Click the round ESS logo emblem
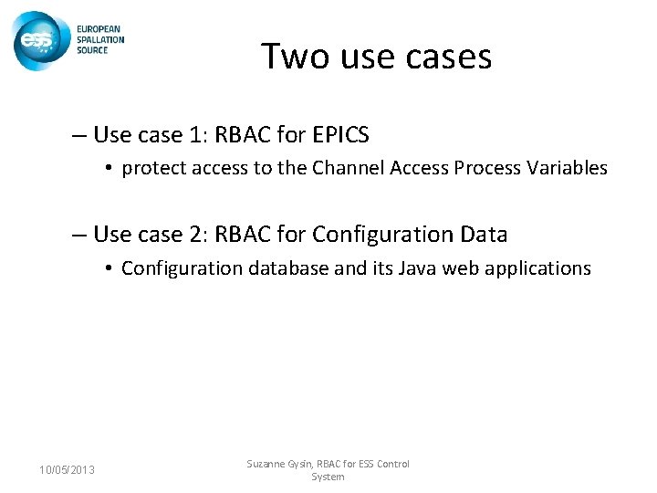click(36, 41)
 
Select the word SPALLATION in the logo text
click(100, 39)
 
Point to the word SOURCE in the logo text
click(92, 49)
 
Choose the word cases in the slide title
click(448, 57)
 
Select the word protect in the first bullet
click(150, 168)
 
